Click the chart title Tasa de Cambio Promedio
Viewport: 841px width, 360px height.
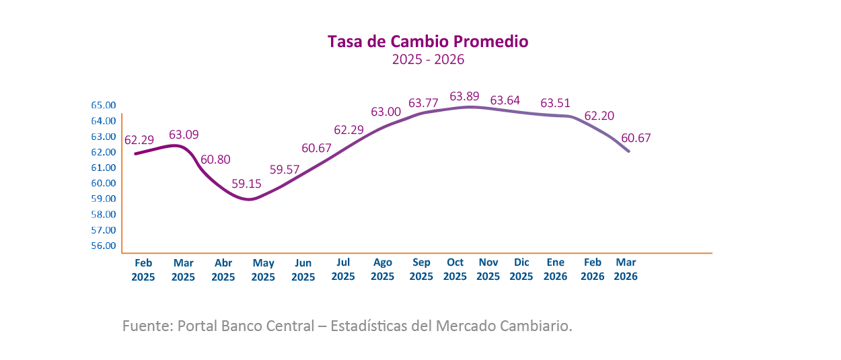(428, 42)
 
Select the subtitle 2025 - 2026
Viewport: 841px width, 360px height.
(429, 60)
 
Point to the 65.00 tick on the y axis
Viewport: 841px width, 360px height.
(104, 106)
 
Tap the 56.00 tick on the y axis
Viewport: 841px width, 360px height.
(104, 246)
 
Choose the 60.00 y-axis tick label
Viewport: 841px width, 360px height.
(104, 183)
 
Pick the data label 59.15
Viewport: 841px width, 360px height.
(246, 183)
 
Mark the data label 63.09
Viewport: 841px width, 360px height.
(184, 135)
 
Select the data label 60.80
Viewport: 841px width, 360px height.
(215, 160)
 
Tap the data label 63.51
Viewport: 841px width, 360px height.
(556, 103)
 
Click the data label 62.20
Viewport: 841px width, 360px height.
(599, 116)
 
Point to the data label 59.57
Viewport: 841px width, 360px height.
(283, 170)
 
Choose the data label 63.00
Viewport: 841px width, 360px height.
(386, 112)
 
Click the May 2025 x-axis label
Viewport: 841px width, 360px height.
(263, 270)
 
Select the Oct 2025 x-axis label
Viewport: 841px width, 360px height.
(455, 269)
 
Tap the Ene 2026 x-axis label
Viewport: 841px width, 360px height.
(556, 269)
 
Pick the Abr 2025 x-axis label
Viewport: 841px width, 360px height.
(223, 270)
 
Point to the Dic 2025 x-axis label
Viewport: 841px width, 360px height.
(521, 269)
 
